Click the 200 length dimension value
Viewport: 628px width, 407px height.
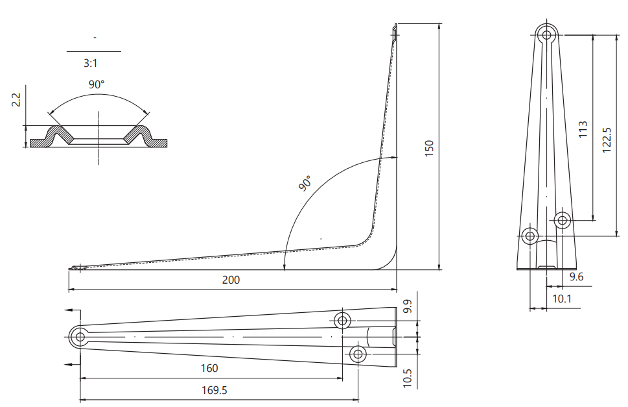point(231,280)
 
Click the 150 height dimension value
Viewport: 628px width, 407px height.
point(429,149)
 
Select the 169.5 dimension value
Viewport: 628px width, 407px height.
point(215,390)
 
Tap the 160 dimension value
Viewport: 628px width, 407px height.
point(209,368)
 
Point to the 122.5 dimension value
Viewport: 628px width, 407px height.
point(607,140)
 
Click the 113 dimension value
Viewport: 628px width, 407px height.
point(583,130)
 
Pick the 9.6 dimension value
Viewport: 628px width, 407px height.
point(576,277)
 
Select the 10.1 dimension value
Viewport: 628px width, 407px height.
point(562,299)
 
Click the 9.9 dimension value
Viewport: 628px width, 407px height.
point(407,306)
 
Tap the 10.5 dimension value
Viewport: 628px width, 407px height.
point(407,378)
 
